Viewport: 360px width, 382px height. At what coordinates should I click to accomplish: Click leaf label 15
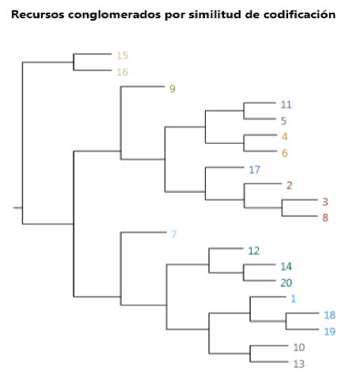[x=123, y=55]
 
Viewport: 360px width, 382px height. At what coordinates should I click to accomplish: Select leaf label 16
[x=123, y=72]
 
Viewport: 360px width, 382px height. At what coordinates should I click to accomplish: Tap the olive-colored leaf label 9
[x=172, y=89]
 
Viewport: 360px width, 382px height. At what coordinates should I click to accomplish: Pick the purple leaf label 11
[x=286, y=104]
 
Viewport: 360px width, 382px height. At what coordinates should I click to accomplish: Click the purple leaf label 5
[x=283, y=121]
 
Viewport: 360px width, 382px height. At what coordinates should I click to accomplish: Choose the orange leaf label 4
[x=284, y=137]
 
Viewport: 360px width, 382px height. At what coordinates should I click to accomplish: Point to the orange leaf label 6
[x=284, y=153]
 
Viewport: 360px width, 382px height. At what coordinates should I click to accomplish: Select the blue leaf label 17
[x=254, y=169]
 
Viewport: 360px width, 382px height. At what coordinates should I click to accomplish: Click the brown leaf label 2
[x=290, y=186]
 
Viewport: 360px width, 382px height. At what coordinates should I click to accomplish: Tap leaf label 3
[x=325, y=202]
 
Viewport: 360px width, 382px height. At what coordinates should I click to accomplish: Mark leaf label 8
[x=325, y=217]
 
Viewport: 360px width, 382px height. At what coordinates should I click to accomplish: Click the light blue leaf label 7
[x=173, y=234]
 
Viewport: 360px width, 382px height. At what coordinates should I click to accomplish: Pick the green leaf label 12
[x=254, y=251]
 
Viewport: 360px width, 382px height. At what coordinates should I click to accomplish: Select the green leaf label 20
[x=286, y=283]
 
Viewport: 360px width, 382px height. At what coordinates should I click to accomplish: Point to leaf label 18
[x=329, y=315]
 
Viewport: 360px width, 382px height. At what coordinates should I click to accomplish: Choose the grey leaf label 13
[x=299, y=364]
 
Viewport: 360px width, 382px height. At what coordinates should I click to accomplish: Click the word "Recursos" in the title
[x=38, y=14]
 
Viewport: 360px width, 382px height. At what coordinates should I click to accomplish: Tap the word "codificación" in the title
[x=300, y=14]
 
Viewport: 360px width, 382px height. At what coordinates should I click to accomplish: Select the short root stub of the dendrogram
[x=18, y=208]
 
